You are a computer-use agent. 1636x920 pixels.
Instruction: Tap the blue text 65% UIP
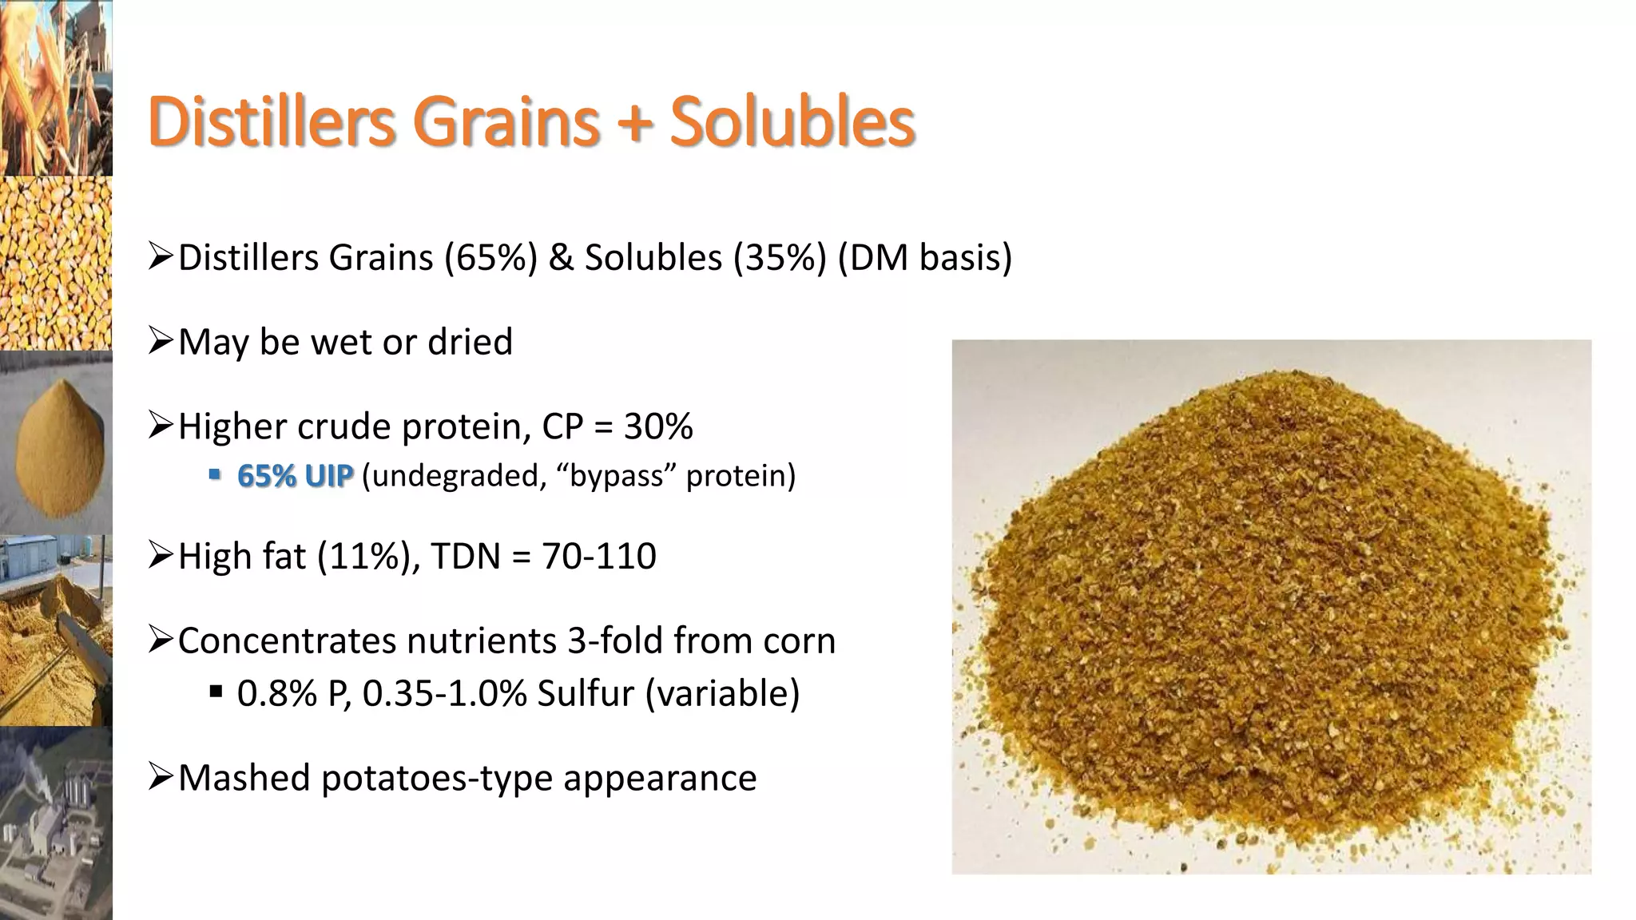pos(295,476)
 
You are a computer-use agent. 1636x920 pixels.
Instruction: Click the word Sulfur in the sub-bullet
pos(586,693)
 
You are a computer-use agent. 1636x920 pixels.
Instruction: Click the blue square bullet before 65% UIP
pos(214,475)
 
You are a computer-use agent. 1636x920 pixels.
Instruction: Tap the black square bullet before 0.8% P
pos(214,692)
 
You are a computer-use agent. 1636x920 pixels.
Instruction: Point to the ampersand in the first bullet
pos(561,258)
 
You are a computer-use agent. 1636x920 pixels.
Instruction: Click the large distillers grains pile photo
pos(1270,607)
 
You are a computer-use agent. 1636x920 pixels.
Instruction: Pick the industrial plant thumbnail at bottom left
pos(56,823)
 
